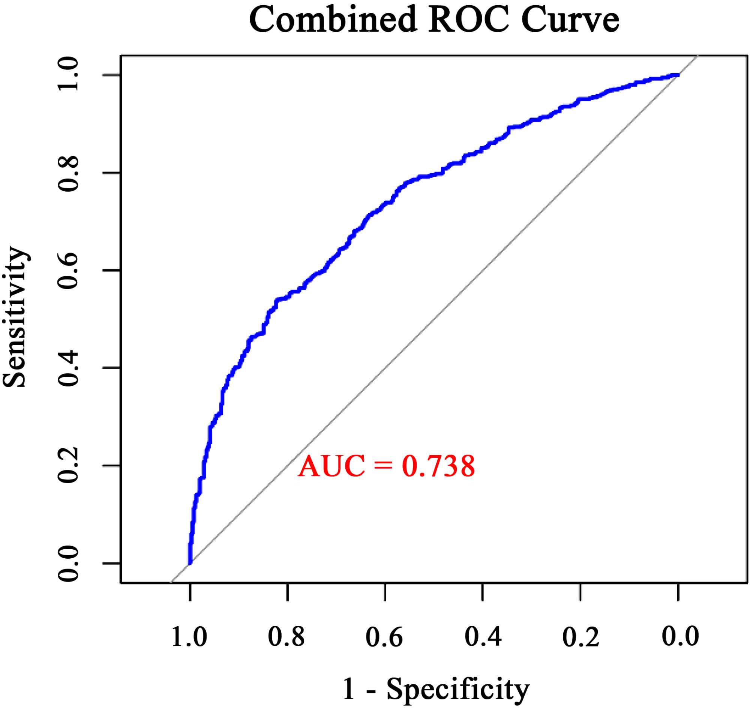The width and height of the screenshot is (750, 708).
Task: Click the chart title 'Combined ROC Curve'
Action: coord(434,20)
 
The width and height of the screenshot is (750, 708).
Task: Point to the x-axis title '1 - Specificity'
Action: coord(436,689)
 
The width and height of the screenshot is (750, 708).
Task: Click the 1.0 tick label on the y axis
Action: coord(68,75)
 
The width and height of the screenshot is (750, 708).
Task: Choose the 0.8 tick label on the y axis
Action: coord(68,173)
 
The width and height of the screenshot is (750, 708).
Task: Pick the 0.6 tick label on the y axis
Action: coord(68,270)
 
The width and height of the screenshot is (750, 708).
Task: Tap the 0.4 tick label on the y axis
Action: coord(68,368)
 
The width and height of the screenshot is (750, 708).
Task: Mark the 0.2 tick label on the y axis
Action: coord(68,466)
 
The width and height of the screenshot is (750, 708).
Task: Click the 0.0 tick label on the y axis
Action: coord(68,564)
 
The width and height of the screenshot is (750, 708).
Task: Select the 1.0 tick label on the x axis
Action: coord(189,637)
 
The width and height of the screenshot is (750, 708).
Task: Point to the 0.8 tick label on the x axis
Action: coord(287,637)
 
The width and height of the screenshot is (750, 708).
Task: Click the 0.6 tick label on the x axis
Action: coord(384,637)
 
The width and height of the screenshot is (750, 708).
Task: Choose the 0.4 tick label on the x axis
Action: coord(483,637)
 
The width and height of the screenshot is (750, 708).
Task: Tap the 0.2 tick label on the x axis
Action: coord(580,637)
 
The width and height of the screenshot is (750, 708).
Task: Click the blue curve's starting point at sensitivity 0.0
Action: coord(190,563)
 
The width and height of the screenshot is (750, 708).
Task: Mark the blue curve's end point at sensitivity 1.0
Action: coord(678,75)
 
